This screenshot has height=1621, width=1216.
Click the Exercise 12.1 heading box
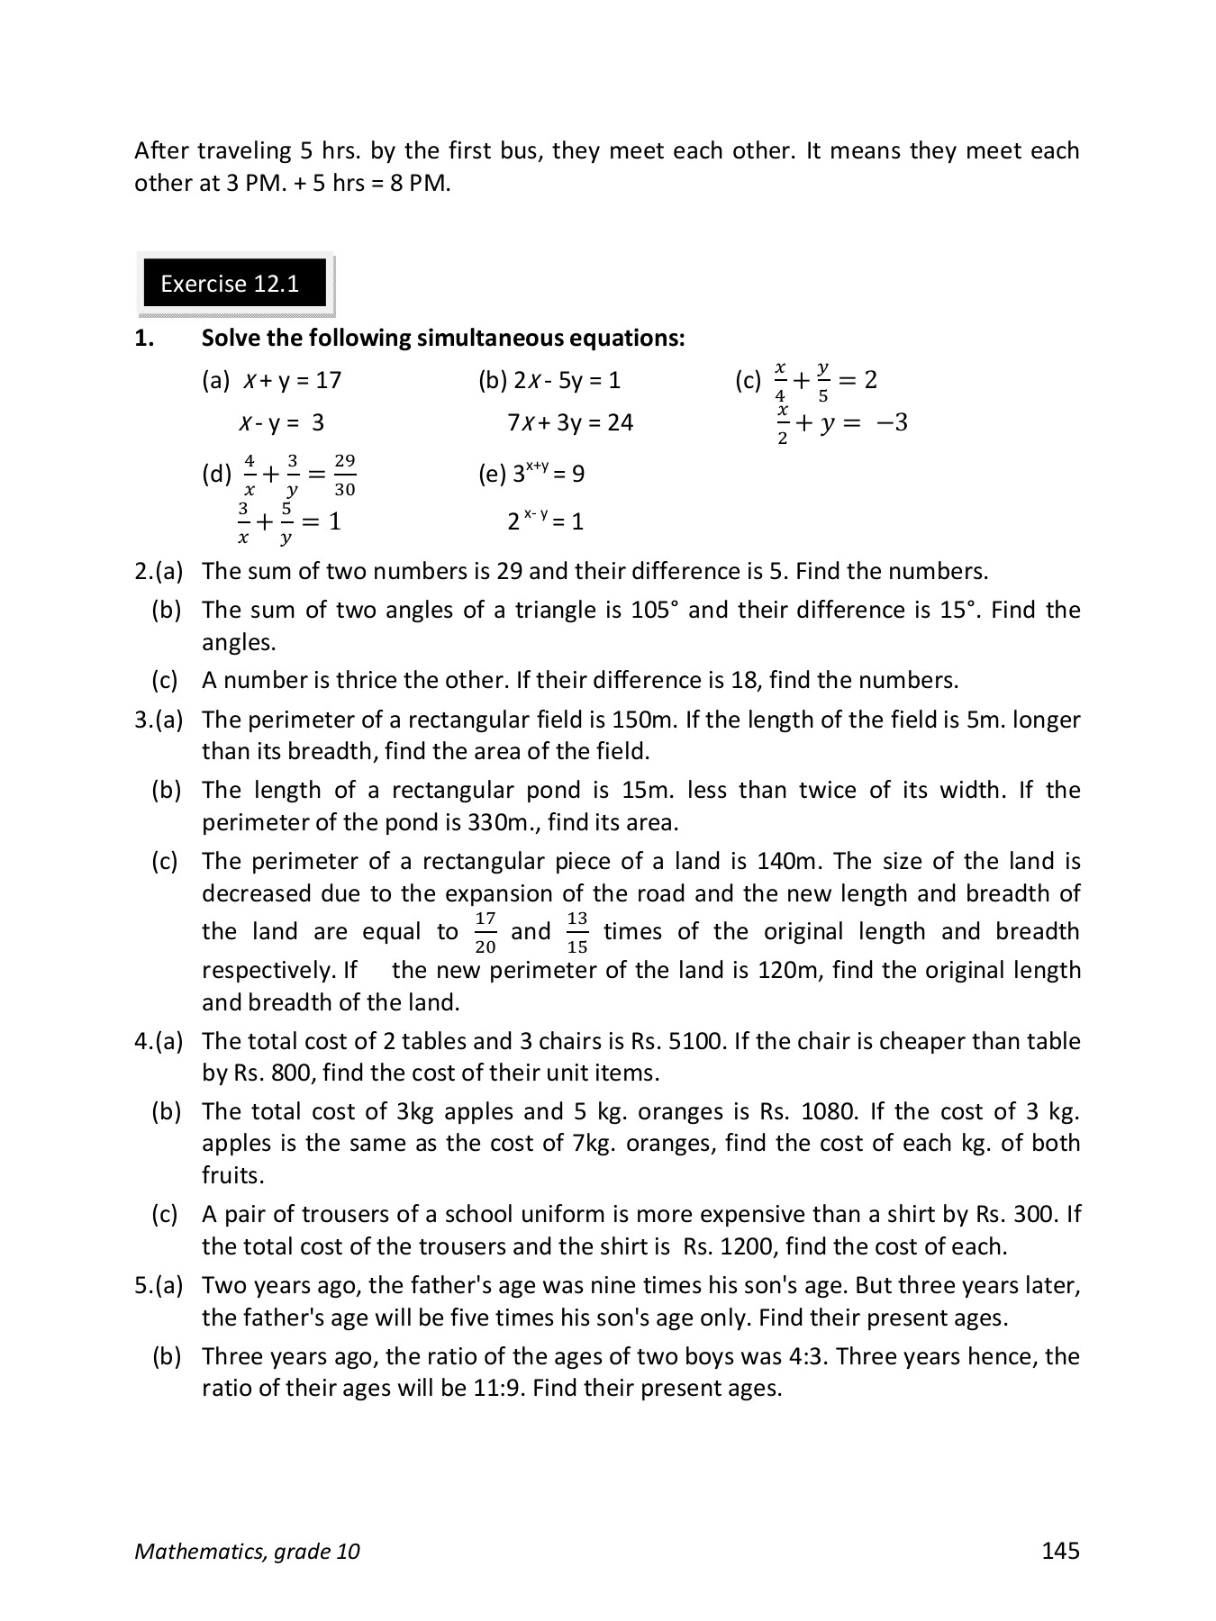click(x=235, y=285)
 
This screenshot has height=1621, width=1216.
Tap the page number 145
click(x=1059, y=1550)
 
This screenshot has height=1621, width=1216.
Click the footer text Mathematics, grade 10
click(x=247, y=1551)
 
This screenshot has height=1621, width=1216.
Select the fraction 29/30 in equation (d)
click(x=344, y=475)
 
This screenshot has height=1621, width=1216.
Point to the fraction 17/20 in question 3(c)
click(x=485, y=932)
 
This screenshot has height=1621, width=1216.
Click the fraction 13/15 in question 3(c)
click(x=577, y=932)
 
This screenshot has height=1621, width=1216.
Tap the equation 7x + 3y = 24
click(x=570, y=422)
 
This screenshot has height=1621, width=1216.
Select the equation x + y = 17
click(x=292, y=380)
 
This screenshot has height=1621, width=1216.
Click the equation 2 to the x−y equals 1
click(x=545, y=521)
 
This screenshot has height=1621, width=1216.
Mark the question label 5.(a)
click(x=159, y=1285)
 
